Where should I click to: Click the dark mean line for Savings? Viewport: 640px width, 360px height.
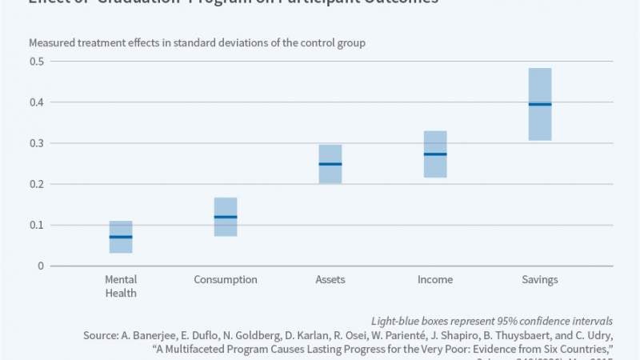tap(540, 105)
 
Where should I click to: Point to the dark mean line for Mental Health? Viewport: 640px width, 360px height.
tap(121, 237)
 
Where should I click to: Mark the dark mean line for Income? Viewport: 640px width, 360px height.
tap(435, 154)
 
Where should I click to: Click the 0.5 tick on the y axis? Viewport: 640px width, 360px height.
tap(36, 62)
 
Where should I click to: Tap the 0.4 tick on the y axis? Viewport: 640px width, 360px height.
tap(36, 102)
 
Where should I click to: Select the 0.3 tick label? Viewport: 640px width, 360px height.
tap(36, 143)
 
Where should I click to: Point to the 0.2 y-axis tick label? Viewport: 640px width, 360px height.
tap(36, 184)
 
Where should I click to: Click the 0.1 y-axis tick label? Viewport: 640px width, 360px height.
tap(36, 225)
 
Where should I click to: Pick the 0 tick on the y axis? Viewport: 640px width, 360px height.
tap(40, 266)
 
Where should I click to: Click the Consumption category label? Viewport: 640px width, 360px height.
tap(226, 280)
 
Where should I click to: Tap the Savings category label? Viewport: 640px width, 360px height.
tap(540, 280)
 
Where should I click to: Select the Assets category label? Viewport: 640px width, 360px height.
tap(330, 280)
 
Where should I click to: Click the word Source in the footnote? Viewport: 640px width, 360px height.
tap(101, 336)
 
